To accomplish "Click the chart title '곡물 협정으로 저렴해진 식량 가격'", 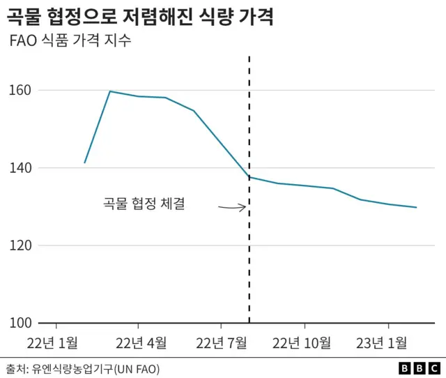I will click(139, 16).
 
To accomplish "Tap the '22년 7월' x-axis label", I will click(222, 342).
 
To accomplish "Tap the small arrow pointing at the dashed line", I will click(232, 206).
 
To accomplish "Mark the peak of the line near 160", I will click(110, 91).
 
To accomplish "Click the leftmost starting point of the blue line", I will click(84, 162).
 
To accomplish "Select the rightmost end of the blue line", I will click(416, 207).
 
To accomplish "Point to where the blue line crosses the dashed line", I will click(249, 177).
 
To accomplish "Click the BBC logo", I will click(419, 367).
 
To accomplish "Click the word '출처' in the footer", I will click(14, 367).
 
